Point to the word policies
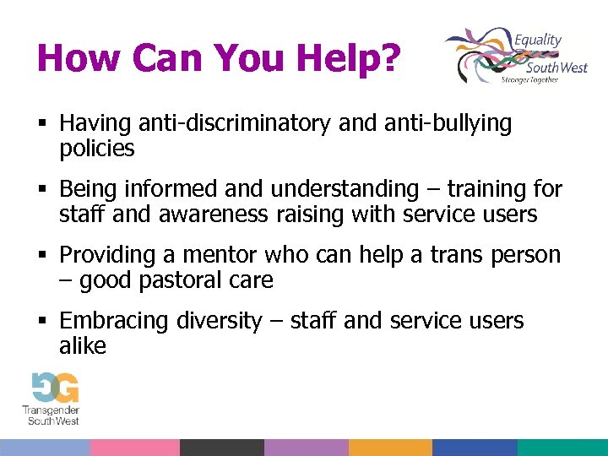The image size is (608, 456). [x=97, y=149]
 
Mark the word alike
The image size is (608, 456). [x=83, y=346]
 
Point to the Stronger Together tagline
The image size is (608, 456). [x=529, y=79]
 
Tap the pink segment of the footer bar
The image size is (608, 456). [x=134, y=448]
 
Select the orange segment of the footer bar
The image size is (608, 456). [x=390, y=448]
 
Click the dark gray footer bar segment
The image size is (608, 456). [x=221, y=448]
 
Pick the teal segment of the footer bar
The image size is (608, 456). [x=562, y=448]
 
